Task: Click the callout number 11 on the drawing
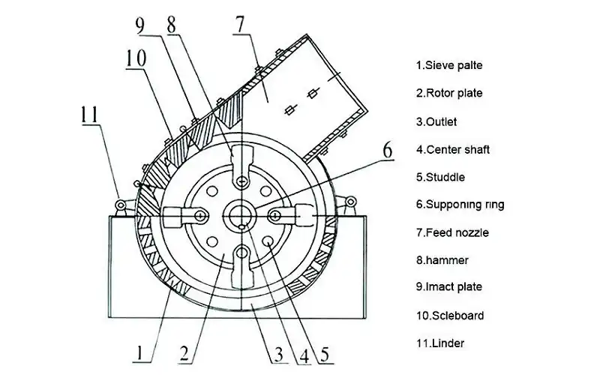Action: [89, 114]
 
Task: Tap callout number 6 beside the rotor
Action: [388, 150]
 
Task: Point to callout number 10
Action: [136, 58]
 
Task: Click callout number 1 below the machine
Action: [139, 352]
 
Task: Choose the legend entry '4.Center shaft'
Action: [453, 149]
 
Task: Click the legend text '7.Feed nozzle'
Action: [452, 232]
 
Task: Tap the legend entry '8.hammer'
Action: [442, 260]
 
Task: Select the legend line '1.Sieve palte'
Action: [449, 65]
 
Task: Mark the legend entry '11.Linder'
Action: [440, 343]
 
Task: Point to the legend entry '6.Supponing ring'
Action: [460, 205]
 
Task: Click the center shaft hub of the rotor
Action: [241, 216]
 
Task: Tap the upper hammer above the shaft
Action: [241, 165]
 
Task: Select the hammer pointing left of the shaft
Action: [185, 216]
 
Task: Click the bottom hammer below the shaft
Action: [241, 267]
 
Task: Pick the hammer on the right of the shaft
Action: [292, 216]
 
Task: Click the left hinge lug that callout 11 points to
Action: [121, 205]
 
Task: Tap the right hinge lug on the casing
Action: [349, 202]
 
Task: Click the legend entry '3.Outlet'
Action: [436, 121]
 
